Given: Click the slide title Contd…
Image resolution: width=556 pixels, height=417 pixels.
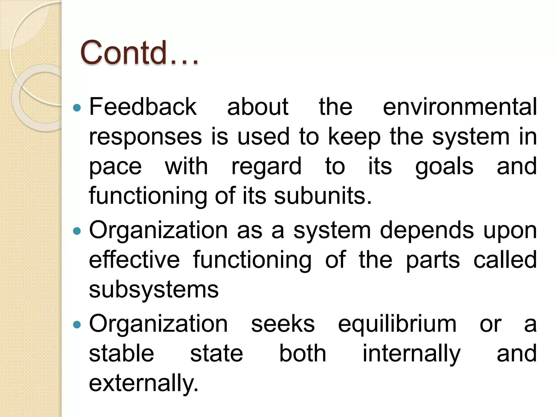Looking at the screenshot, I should (139, 53).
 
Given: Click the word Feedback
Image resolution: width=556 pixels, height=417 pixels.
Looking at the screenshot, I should (143, 107).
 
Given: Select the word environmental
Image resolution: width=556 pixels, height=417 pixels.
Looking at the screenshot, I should (460, 107).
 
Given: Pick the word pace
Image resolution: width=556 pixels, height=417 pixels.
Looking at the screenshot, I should (115, 166).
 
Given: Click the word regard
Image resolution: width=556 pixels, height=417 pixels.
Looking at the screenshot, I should (266, 167).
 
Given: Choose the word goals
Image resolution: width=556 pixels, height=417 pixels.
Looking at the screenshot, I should (444, 167).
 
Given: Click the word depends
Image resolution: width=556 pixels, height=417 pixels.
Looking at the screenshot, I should (427, 231).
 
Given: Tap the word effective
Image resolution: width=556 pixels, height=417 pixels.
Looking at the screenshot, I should (134, 260).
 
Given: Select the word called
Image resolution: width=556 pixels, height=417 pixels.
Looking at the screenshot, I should (505, 260).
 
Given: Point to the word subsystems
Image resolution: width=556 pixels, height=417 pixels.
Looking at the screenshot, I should (154, 290).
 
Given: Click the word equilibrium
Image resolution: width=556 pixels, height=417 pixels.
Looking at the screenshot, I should (397, 324).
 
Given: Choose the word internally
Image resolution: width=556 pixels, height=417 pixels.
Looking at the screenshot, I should (412, 354).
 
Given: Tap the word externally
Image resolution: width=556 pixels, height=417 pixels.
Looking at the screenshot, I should (144, 383).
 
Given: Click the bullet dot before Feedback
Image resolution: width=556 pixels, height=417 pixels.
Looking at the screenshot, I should (77, 108).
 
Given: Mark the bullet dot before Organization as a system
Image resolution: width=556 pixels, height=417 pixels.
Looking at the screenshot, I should (77, 231).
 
